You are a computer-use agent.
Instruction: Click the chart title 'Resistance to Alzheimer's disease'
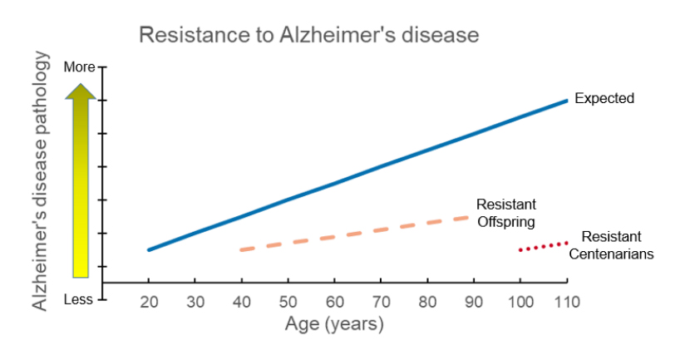(x=308, y=35)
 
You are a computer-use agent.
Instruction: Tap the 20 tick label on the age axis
(x=149, y=302)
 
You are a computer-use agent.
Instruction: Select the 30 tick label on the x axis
(x=195, y=302)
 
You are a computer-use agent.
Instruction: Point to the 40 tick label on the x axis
(x=241, y=302)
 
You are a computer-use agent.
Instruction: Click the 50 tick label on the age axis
(x=288, y=302)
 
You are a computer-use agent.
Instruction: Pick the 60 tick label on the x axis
(x=334, y=302)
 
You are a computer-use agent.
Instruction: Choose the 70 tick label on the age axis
(x=381, y=302)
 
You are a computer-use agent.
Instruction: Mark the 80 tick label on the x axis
(x=427, y=302)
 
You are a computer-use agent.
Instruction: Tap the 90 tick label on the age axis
(x=474, y=302)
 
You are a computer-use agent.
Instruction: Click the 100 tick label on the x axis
(x=520, y=302)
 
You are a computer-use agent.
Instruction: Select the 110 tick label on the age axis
(x=567, y=302)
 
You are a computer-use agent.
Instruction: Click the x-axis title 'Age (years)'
(x=334, y=324)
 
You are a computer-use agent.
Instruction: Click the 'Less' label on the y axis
(x=78, y=299)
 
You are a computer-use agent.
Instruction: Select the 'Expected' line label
(x=604, y=99)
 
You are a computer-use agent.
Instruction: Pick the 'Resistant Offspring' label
(x=505, y=213)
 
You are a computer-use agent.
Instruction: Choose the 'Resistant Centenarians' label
(x=611, y=245)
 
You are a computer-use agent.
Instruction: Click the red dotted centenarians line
(x=544, y=246)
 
